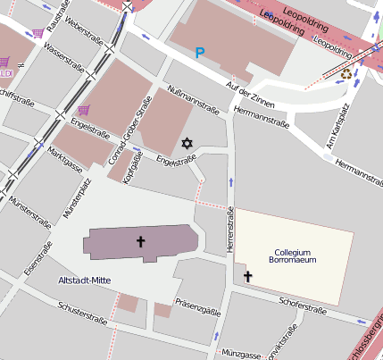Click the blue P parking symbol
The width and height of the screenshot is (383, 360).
click(x=200, y=54)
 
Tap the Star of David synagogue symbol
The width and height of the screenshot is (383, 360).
click(x=187, y=143)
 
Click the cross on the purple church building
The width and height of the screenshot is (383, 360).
click(x=140, y=241)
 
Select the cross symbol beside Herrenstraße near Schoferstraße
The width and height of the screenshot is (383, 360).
click(x=248, y=278)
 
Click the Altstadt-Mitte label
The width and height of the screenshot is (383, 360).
click(x=84, y=280)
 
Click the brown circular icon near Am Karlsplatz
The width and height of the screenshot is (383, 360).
click(x=346, y=74)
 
